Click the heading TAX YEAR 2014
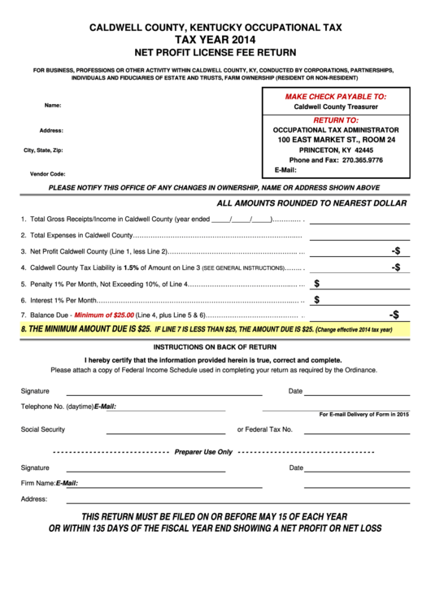pyautogui.click(x=215, y=38)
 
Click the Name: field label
pyautogui.click(x=53, y=106)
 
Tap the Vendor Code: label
pyautogui.click(x=47, y=174)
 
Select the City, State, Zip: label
pyautogui.click(x=43, y=150)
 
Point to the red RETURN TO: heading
pyautogui.click(x=335, y=119)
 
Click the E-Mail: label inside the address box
pyautogui.click(x=285, y=170)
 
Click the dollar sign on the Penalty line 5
pyautogui.click(x=317, y=283)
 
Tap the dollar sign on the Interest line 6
pyautogui.click(x=317, y=299)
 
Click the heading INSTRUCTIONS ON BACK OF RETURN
pyautogui.click(x=215, y=346)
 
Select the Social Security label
pyautogui.click(x=43, y=428)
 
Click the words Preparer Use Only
pyautogui.click(x=203, y=451)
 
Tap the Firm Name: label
pyautogui.click(x=37, y=483)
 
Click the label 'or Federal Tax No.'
pyautogui.click(x=264, y=428)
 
